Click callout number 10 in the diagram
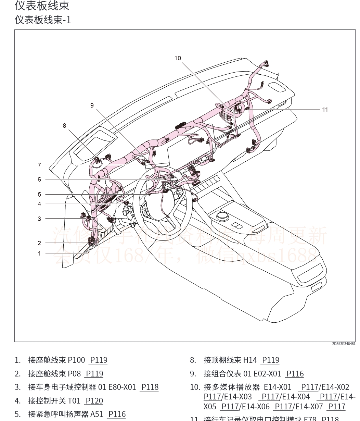click(x=178, y=58)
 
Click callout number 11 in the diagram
click(x=325, y=110)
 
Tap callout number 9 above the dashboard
click(x=92, y=106)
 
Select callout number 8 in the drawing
click(x=64, y=126)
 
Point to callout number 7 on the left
click(x=39, y=165)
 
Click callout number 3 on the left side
click(x=39, y=219)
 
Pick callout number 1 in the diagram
click(x=39, y=253)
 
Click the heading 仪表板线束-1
click(x=43, y=20)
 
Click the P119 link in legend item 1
click(x=99, y=360)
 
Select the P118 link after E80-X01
click(x=150, y=387)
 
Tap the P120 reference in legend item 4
click(x=94, y=401)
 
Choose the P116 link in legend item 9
click(x=295, y=374)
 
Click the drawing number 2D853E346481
click(x=343, y=344)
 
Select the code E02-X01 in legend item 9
click(x=268, y=374)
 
